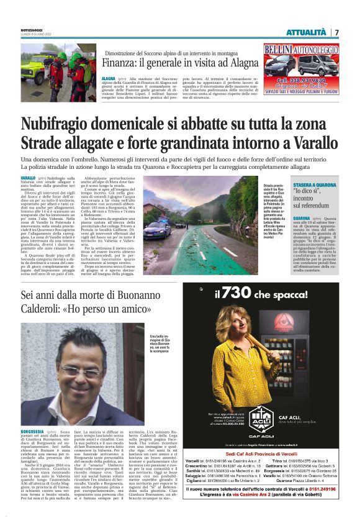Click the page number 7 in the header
point(336,32)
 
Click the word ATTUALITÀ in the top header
point(306,32)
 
